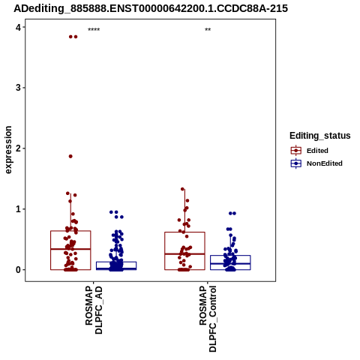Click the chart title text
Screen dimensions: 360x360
pyautogui.click(x=151, y=8)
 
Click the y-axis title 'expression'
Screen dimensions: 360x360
pyautogui.click(x=8, y=150)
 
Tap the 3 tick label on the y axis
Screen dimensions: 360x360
pyautogui.click(x=18, y=88)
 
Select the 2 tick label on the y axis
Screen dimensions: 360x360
pyautogui.click(x=18, y=148)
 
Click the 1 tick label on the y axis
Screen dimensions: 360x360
pyautogui.click(x=18, y=209)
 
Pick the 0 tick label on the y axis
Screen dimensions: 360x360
pyautogui.click(x=18, y=270)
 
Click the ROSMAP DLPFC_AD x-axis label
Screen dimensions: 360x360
pyautogui.click(x=94, y=310)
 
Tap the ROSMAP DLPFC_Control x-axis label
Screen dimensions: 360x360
pyautogui.click(x=208, y=319)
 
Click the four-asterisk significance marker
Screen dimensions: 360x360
pyautogui.click(x=94, y=30)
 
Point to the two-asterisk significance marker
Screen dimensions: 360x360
pyautogui.click(x=208, y=30)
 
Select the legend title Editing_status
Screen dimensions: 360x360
pyautogui.click(x=320, y=136)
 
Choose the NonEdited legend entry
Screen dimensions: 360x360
pyautogui.click(x=316, y=163)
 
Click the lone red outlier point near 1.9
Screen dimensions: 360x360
pyautogui.click(x=70, y=156)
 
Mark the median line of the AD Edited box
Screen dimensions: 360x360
pyautogui.click(x=70, y=249)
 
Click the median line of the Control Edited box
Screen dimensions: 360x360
pyautogui.click(x=184, y=253)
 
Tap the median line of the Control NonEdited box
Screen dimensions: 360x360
pyautogui.click(x=230, y=263)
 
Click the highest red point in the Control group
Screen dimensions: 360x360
pyautogui.click(x=182, y=189)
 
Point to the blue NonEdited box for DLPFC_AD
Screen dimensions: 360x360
pyautogui.click(x=116, y=265)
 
